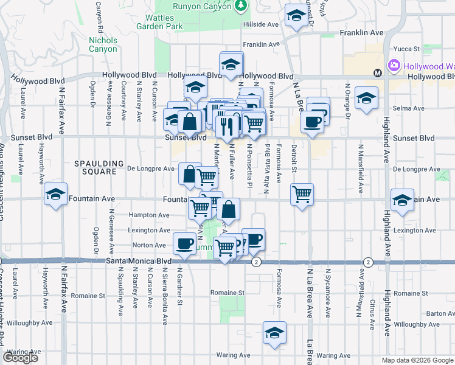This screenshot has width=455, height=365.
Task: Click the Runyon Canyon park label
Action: (x=195, y=5)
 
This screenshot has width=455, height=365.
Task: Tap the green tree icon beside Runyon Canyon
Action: (x=241, y=5)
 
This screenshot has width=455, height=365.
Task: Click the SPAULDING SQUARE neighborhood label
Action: (x=95, y=167)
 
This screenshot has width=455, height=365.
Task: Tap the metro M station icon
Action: (x=377, y=73)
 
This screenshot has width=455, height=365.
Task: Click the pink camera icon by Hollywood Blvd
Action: (x=394, y=65)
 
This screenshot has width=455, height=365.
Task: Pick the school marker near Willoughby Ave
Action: (x=274, y=333)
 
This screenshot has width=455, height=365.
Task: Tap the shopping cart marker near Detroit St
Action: (x=302, y=195)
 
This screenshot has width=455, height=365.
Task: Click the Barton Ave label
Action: (x=440, y=314)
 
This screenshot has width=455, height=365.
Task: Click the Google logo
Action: (x=21, y=358)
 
